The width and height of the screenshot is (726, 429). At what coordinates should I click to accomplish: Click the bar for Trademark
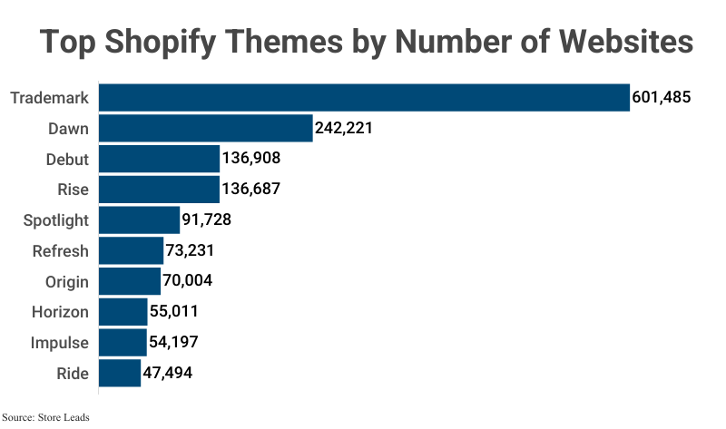click(363, 97)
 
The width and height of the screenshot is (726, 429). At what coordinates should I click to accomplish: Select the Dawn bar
click(205, 128)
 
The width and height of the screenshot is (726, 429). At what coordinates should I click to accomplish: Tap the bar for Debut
click(159, 159)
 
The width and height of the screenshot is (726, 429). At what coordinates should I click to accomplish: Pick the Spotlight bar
click(139, 219)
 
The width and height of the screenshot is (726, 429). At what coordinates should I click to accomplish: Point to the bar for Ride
click(119, 373)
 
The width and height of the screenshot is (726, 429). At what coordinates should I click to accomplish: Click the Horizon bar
click(123, 312)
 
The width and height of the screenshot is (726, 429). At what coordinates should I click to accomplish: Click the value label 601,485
click(662, 97)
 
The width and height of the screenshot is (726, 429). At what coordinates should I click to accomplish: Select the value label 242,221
click(344, 128)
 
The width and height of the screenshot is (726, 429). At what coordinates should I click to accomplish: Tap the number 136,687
click(250, 190)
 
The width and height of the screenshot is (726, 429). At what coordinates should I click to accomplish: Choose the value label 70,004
click(187, 281)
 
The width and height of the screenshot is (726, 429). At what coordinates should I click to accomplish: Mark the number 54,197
click(172, 342)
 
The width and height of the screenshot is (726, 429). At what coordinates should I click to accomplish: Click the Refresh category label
click(60, 250)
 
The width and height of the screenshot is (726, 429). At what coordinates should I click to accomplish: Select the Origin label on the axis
click(67, 281)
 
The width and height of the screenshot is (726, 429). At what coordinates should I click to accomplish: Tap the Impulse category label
click(59, 342)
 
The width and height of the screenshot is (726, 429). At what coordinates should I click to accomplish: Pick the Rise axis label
click(73, 190)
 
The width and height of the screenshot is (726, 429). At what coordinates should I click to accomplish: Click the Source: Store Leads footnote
click(46, 418)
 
